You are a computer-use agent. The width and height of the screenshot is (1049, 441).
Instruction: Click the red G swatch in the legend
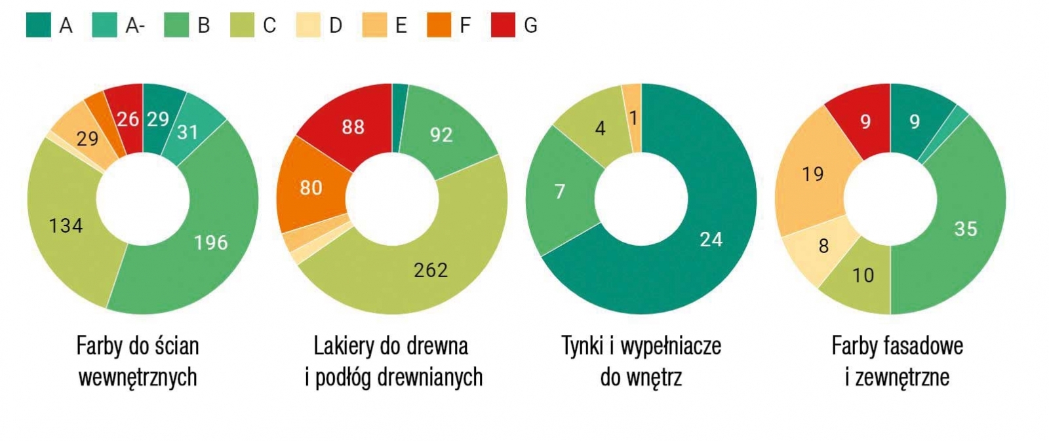pos(503,26)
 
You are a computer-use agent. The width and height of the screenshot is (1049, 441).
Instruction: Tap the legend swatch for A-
pos(104,26)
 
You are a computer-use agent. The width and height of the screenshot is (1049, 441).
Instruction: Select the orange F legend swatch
pos(439,26)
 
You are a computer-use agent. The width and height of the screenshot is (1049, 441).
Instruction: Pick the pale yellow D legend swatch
pos(307,26)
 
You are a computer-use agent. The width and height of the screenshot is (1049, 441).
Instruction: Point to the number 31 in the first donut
pos(188,132)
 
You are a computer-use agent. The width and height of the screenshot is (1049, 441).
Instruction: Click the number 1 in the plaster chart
pos(633,118)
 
